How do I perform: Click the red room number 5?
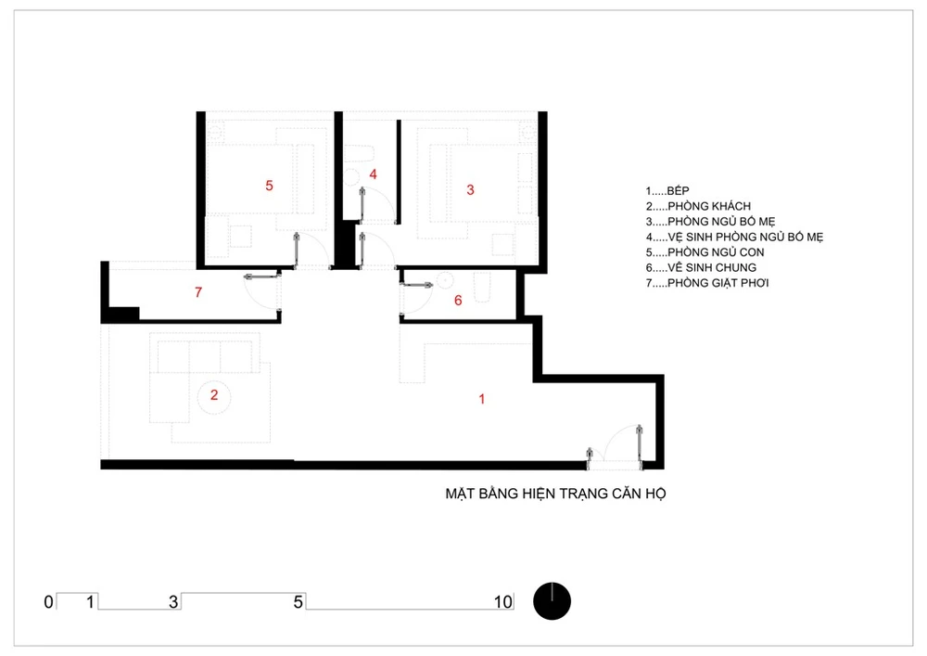pos(269,186)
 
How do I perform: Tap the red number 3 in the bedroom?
pos(470,190)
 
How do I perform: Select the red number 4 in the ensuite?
pos(373,174)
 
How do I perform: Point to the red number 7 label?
pos(198,292)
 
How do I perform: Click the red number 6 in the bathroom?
pos(458,301)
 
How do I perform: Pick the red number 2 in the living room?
pos(214,394)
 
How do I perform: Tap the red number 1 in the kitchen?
pos(482,399)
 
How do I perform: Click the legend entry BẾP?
pos(667,190)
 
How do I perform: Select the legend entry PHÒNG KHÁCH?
pos(698,206)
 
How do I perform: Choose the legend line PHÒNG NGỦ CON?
pos(705,252)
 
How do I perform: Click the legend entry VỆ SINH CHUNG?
pos(701,267)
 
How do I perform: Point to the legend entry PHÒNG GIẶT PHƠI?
pos(707,283)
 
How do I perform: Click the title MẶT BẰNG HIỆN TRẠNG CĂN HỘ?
pos(555,494)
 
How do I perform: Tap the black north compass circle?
pos(552,601)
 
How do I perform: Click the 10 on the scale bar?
pos(502,602)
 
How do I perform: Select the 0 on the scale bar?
pos(48,602)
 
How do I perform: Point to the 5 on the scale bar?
pos(298,602)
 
